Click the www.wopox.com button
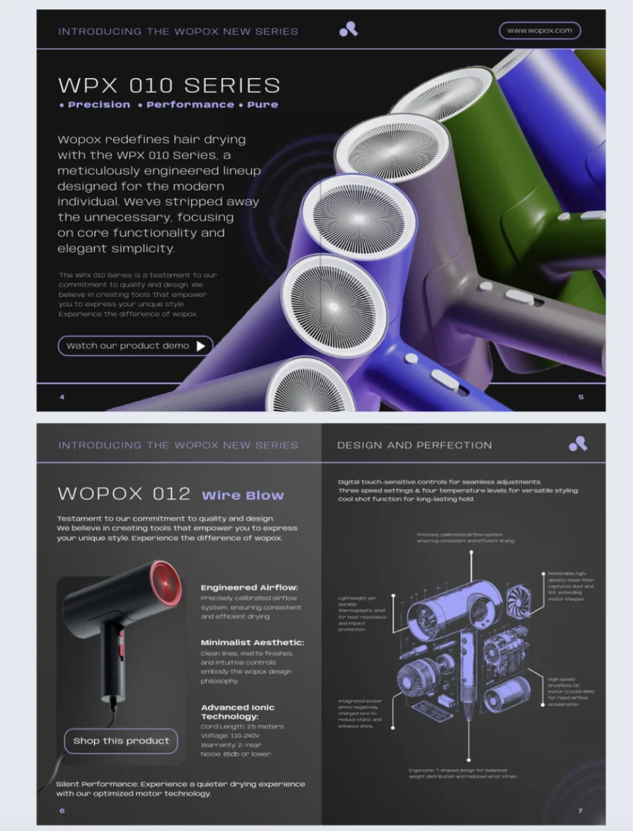point(539,30)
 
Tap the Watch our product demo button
point(135,345)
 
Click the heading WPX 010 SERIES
point(169,86)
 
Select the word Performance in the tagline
point(190,105)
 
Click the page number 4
point(62,398)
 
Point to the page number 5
point(581,398)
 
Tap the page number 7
point(580,811)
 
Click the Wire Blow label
point(243,495)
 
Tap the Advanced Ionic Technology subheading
point(238,711)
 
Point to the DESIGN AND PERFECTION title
point(414,445)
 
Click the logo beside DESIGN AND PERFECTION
point(577,444)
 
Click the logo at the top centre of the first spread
point(348,29)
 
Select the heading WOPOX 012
point(124,493)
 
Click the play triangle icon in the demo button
point(201,345)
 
